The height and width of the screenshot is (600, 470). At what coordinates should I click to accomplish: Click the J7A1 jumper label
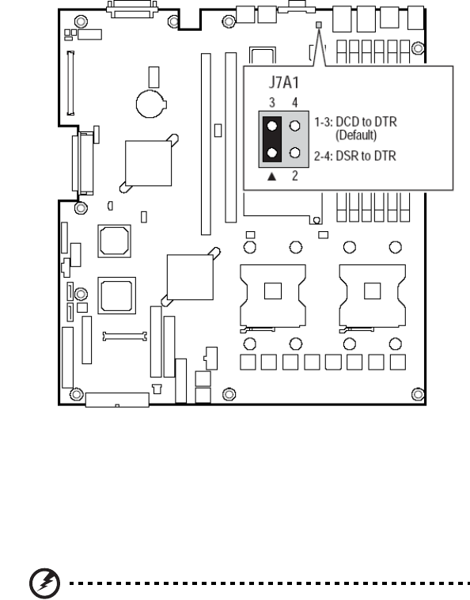(x=284, y=82)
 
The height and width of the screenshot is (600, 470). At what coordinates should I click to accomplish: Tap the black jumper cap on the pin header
(x=272, y=139)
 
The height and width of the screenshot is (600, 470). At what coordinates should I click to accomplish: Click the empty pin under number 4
(x=295, y=126)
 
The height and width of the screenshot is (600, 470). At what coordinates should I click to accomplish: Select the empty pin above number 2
(x=295, y=153)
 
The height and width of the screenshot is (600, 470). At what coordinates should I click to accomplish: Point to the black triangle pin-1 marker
(x=271, y=177)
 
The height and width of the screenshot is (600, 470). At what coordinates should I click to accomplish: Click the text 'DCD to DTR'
(x=366, y=122)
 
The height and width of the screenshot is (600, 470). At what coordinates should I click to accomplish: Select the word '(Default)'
(x=356, y=135)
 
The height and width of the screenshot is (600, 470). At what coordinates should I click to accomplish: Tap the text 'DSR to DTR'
(x=366, y=156)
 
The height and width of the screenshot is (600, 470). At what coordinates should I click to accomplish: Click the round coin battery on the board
(x=150, y=104)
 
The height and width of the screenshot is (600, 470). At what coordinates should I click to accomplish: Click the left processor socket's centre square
(x=273, y=291)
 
